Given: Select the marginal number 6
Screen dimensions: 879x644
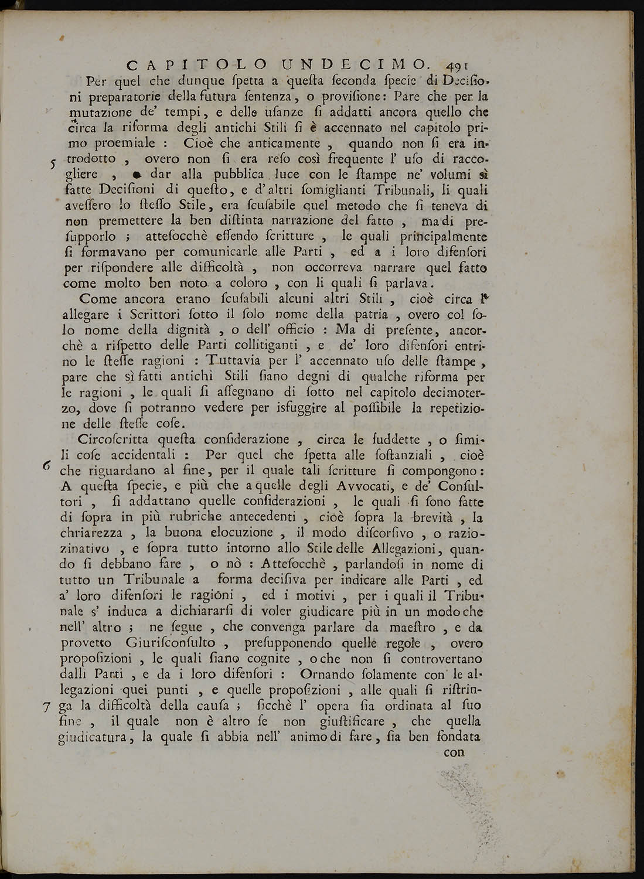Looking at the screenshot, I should pos(47,464).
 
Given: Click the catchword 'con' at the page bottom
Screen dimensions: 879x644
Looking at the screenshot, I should pos(454,752).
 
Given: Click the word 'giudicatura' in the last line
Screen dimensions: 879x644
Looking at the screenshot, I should pos(98,737).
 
